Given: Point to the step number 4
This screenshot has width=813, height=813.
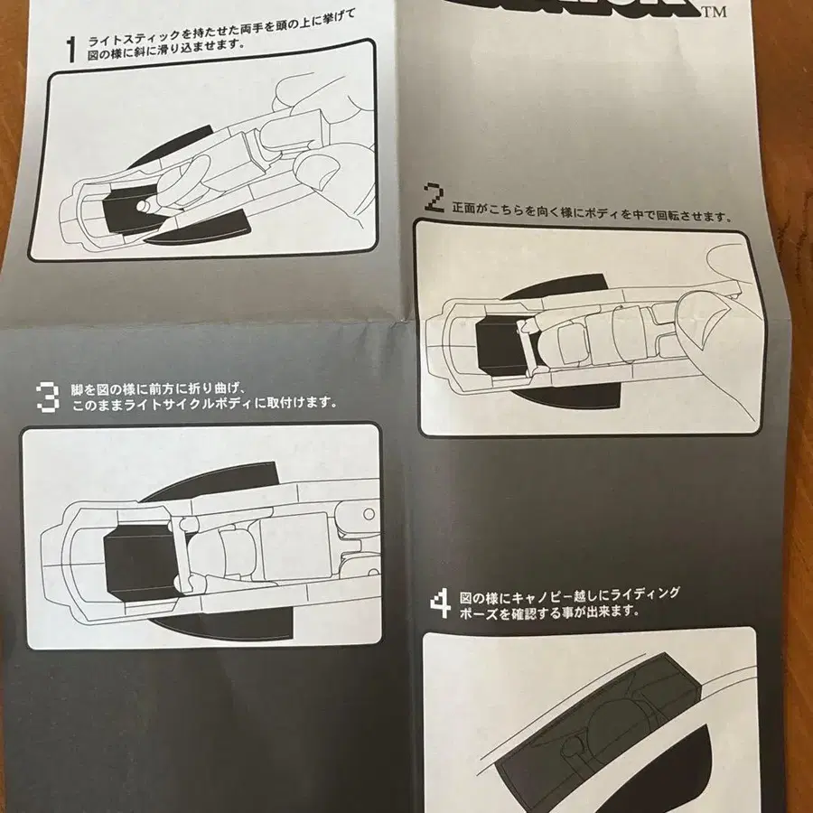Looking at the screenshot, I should [x=440, y=603].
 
